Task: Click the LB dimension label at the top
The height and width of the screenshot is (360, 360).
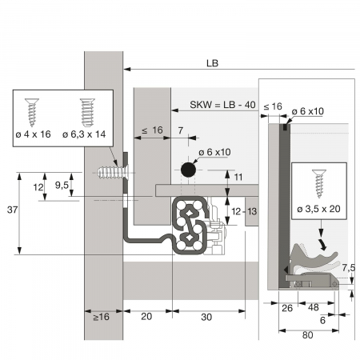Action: pyautogui.click(x=212, y=63)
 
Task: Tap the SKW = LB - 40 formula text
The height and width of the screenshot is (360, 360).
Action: pyautogui.click(x=222, y=105)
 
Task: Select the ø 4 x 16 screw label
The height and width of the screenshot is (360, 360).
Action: pyautogui.click(x=34, y=134)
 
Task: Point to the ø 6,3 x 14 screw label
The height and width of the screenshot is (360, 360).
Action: pyautogui.click(x=84, y=134)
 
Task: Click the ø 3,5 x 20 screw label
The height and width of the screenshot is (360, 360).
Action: pyautogui.click(x=319, y=209)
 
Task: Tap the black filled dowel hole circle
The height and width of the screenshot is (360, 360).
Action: pyautogui.click(x=188, y=170)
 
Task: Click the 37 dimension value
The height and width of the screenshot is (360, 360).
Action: pyautogui.click(x=12, y=210)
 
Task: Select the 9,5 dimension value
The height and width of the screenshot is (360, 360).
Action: pyautogui.click(x=62, y=185)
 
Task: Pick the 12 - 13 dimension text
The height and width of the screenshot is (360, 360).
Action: pyautogui.click(x=244, y=211)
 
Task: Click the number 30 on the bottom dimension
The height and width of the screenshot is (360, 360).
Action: pyautogui.click(x=206, y=317)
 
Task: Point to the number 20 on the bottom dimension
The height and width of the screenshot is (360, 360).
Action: pyautogui.click(x=146, y=317)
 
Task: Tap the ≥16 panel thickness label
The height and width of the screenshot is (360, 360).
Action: pyautogui.click(x=102, y=317)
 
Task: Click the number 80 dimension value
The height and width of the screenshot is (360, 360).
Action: pyautogui.click(x=308, y=335)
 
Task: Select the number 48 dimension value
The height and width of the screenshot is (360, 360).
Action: pyautogui.click(x=314, y=307)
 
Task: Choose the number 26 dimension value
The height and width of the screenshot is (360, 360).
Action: pyautogui.click(x=287, y=308)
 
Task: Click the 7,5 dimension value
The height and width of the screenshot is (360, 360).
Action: pyautogui.click(x=349, y=267)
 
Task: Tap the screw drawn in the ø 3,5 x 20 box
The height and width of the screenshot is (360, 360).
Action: pyautogui.click(x=319, y=184)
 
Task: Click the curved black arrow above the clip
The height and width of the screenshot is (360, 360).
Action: pyautogui.click(x=322, y=244)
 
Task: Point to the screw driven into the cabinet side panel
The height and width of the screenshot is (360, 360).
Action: pyautogui.click(x=113, y=172)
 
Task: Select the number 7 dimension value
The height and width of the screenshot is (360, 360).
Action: pyautogui.click(x=181, y=130)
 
